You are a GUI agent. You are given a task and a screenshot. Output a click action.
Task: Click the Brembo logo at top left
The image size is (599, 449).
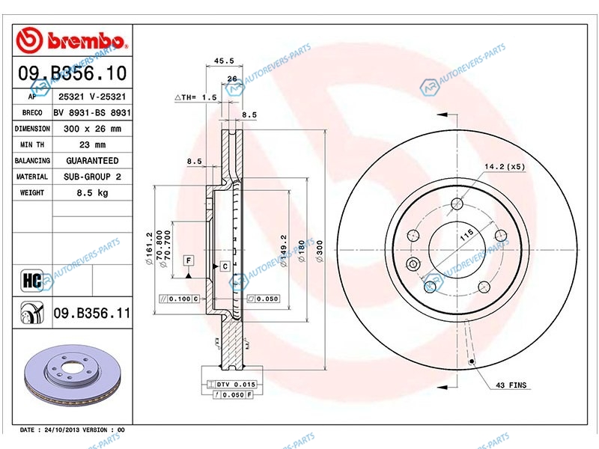[72, 40]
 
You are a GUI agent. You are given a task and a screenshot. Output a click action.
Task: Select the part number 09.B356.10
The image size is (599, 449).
[72, 73]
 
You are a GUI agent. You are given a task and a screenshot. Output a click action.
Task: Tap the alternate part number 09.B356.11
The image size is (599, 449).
[91, 313]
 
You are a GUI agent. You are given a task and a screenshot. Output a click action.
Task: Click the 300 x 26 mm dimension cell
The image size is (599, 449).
[92, 129]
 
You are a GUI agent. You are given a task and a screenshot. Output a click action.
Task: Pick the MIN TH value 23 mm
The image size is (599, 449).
[92, 144]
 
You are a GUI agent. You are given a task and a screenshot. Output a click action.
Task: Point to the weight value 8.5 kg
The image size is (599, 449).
[92, 193]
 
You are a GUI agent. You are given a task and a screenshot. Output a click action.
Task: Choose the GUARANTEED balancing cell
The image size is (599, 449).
[92, 161]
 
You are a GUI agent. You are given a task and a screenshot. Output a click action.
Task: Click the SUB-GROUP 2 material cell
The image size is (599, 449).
[92, 177]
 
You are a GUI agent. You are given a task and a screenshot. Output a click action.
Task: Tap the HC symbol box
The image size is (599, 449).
[32, 281]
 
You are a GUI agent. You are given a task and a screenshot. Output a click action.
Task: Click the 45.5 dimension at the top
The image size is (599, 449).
[224, 61]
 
